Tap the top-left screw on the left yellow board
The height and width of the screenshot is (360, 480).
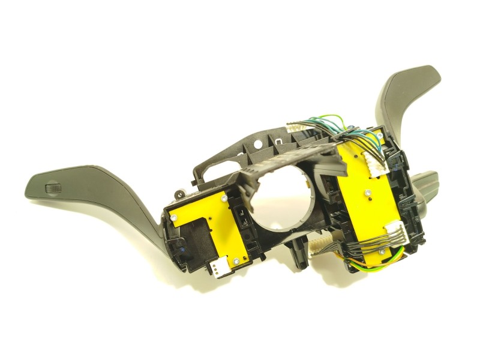click(173, 217)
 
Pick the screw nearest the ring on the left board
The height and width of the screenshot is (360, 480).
click(223, 196)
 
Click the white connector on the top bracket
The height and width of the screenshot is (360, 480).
click(298, 129)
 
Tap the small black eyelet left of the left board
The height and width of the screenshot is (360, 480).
click(179, 193)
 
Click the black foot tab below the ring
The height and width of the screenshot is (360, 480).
click(294, 256)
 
